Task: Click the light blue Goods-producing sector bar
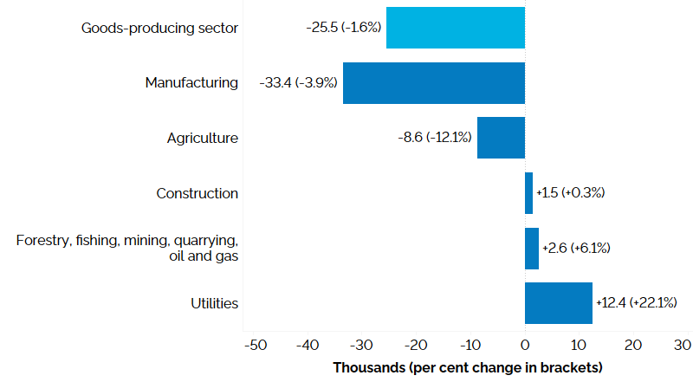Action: coord(455,28)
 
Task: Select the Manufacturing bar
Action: coord(433,83)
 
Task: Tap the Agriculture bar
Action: coord(501,138)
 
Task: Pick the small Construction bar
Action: coord(528,193)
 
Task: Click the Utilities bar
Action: coord(558,303)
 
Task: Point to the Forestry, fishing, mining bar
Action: coord(532,249)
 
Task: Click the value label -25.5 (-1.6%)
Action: coord(343,28)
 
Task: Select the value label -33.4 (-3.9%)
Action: coord(298,83)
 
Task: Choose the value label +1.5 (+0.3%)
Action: coord(570,193)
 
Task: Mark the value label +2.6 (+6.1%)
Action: coord(576,249)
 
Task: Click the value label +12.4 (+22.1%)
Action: coord(636,303)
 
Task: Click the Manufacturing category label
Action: coord(191,83)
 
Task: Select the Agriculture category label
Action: coord(203,138)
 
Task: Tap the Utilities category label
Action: coord(215,303)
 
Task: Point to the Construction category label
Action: coord(197,193)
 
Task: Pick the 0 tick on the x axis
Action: coord(525,345)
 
